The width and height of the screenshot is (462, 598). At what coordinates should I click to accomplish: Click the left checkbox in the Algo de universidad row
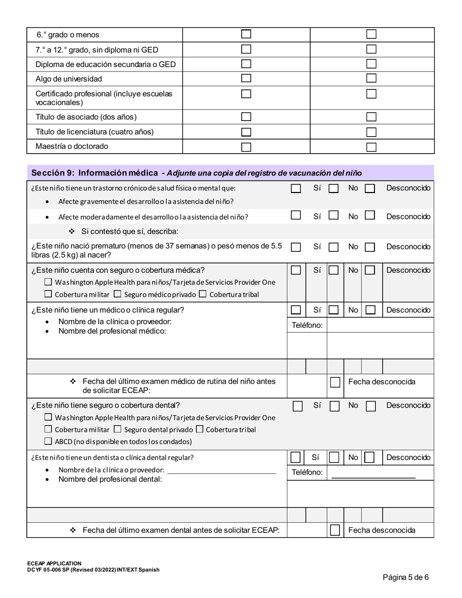[247, 78]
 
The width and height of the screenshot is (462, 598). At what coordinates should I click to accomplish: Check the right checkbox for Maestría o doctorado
[372, 146]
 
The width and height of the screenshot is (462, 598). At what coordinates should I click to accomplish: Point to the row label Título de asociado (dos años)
[86, 117]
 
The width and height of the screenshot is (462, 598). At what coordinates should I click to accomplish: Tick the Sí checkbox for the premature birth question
[296, 247]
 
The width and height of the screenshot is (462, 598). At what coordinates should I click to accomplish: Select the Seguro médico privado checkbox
[118, 294]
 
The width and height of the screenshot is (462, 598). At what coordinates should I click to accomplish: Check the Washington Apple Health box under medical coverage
[48, 282]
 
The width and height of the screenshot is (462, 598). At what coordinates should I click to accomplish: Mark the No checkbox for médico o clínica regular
[334, 310]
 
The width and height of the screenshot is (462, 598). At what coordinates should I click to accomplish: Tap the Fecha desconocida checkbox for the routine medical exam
[335, 382]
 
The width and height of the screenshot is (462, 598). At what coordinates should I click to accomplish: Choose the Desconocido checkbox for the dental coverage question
[371, 406]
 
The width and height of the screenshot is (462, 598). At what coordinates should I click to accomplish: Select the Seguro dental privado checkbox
[118, 429]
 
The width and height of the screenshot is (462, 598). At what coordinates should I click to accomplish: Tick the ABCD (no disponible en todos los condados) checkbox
[48, 441]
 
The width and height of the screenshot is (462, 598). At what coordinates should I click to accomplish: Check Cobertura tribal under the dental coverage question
[199, 429]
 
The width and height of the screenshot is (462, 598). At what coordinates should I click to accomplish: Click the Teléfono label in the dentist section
[307, 473]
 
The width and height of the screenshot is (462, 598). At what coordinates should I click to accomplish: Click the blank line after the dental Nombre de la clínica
[221, 470]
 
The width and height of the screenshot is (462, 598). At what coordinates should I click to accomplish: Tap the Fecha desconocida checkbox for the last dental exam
[335, 530]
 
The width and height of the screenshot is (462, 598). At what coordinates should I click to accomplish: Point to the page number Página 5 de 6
[406, 578]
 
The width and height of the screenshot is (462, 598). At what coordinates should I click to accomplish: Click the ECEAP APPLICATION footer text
[54, 563]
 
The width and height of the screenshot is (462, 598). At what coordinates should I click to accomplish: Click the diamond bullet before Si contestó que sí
[72, 231]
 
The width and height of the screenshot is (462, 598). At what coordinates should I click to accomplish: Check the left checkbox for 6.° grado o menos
[247, 35]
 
